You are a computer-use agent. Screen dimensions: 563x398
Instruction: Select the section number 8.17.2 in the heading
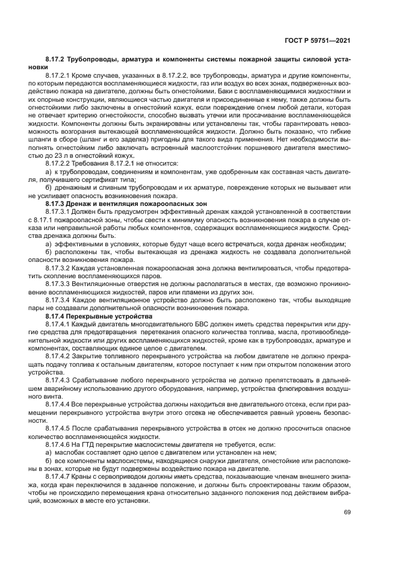click(x=56, y=61)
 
